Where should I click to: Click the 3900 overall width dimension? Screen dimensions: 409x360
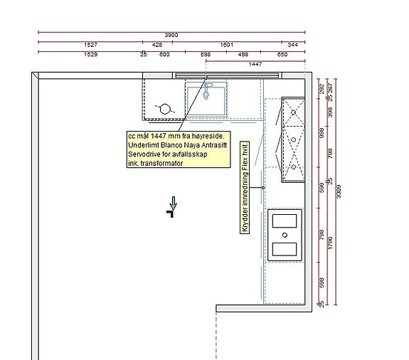pyautogui.click(x=171, y=35)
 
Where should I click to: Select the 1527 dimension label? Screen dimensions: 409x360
pyautogui.click(x=90, y=45)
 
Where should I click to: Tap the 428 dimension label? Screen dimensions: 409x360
pyautogui.click(x=157, y=45)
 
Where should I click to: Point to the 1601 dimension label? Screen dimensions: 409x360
pyautogui.click(x=226, y=45)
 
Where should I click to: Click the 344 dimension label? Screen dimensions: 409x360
pyautogui.click(x=292, y=45)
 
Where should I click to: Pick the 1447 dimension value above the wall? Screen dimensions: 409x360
pyautogui.click(x=255, y=64)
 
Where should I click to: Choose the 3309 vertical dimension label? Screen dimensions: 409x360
pyautogui.click(x=339, y=191)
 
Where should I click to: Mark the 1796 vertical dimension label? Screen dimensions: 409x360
pyautogui.click(x=330, y=243)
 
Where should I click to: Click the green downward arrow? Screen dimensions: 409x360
pyautogui.click(x=173, y=203)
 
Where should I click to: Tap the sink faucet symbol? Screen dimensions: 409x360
pyautogui.click(x=206, y=91)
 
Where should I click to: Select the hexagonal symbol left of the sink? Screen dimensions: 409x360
pyautogui.click(x=165, y=109)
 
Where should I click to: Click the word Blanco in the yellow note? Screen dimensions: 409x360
pyautogui.click(x=172, y=145)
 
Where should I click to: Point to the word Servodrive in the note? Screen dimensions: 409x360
pyautogui.click(x=144, y=154)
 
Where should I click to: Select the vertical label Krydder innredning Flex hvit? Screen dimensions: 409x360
pyautogui.click(x=245, y=187)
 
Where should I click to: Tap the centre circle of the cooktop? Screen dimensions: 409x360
pyautogui.click(x=285, y=235)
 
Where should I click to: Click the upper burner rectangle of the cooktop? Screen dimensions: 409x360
pyautogui.click(x=285, y=221)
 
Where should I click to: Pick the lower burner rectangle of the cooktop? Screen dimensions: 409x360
pyautogui.click(x=285, y=249)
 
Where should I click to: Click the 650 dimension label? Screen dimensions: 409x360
pyautogui.click(x=282, y=55)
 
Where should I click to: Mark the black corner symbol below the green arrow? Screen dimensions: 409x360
pyautogui.click(x=171, y=213)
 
